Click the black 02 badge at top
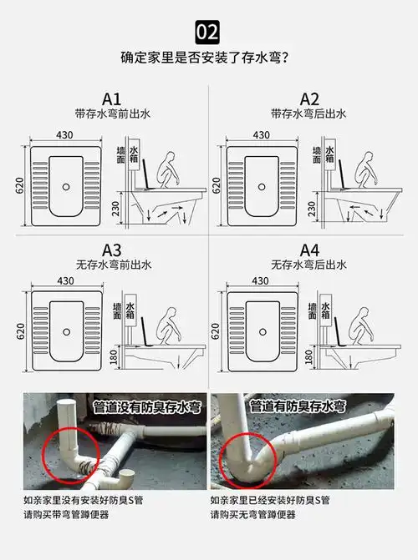point(207,32)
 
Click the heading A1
point(112,98)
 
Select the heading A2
point(308,98)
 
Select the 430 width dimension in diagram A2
point(261,134)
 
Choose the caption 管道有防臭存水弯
point(298,406)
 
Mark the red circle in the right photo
point(248,454)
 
